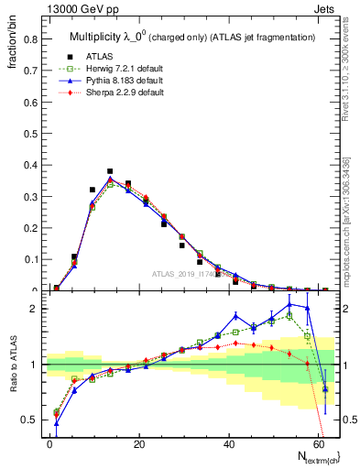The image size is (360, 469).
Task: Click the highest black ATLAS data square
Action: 110,171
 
